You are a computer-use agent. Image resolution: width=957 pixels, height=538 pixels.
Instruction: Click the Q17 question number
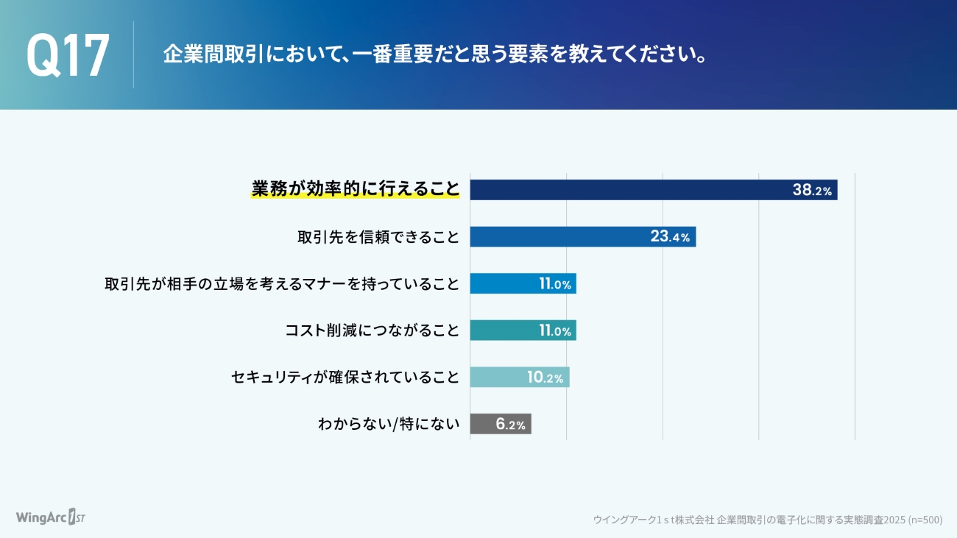click(68, 55)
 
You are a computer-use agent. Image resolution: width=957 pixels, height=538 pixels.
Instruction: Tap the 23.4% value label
click(670, 237)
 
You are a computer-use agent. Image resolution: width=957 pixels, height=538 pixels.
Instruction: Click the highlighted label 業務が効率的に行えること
click(355, 189)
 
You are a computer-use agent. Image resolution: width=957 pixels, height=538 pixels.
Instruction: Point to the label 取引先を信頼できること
click(378, 237)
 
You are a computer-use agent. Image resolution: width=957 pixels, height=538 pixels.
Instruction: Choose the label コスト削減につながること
click(372, 330)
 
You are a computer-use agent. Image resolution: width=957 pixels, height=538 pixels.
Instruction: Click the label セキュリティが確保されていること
click(345, 378)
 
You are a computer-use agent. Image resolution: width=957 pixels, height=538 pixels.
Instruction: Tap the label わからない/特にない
click(389, 424)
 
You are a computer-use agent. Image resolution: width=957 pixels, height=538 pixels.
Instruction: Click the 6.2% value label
click(510, 424)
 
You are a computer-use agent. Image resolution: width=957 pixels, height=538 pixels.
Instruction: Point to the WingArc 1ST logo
click(51, 517)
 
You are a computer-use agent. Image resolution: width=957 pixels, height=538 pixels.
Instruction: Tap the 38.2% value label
click(812, 190)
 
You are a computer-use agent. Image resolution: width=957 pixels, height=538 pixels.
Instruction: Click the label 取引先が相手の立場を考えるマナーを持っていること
click(282, 283)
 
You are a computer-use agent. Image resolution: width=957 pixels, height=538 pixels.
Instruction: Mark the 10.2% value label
click(545, 378)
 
